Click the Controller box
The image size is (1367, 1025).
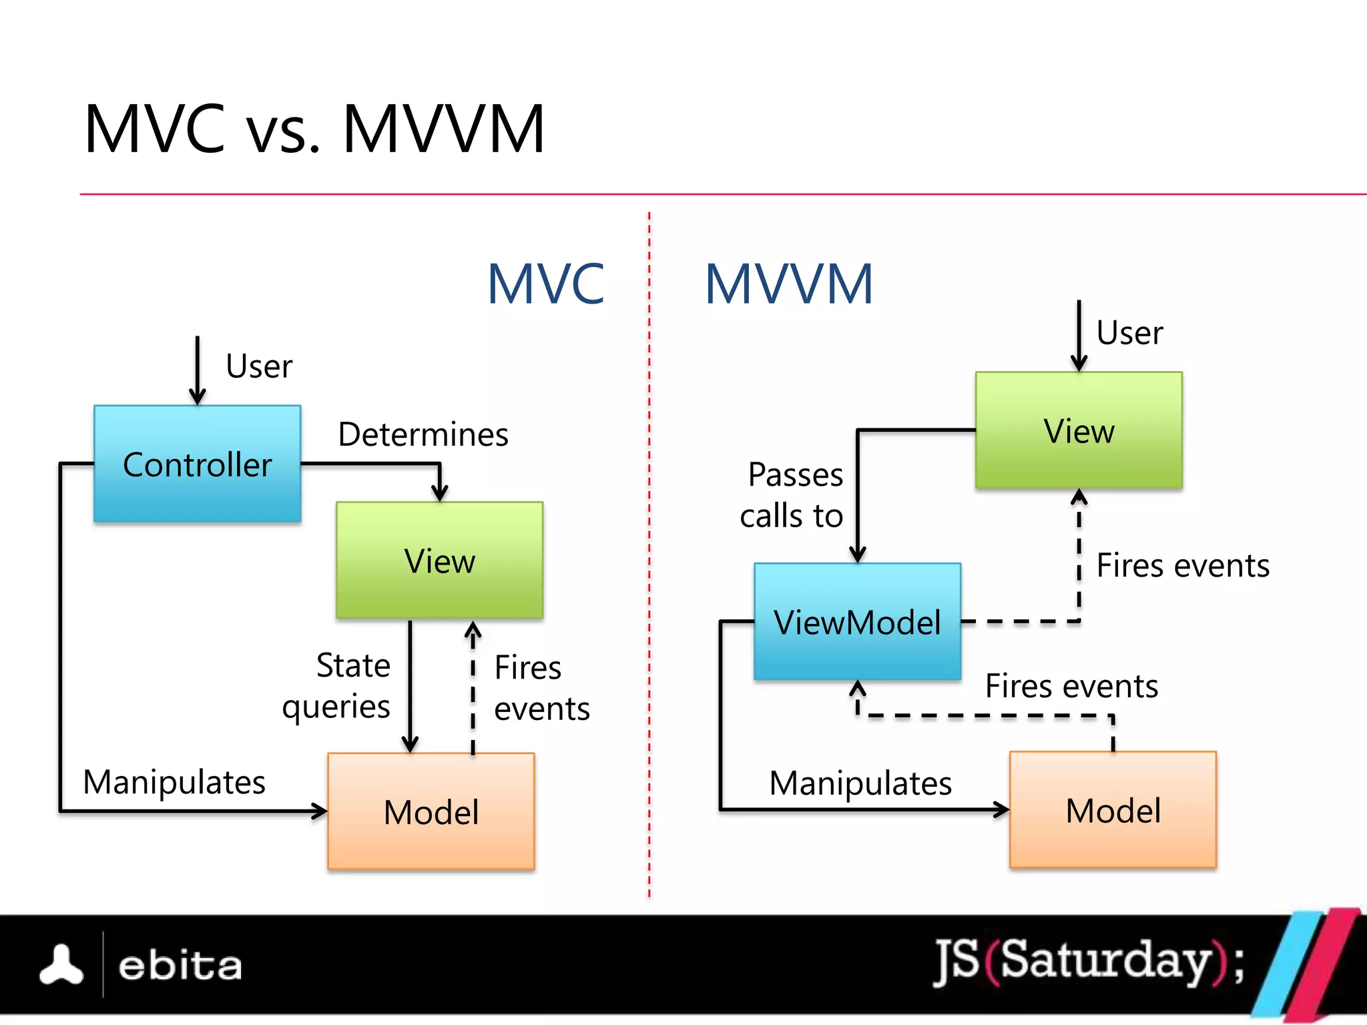point(197,464)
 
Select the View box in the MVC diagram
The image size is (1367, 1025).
point(439,561)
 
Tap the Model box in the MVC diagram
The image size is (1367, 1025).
point(431,811)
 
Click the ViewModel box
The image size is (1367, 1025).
point(857,621)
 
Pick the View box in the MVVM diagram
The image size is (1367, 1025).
point(1079,430)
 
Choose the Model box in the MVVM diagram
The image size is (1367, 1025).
point(1113,810)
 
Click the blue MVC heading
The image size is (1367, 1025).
point(545,284)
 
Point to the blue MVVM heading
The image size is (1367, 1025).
point(788,284)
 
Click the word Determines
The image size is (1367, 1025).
point(423,434)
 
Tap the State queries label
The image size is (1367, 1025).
point(337,686)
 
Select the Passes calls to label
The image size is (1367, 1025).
point(792,495)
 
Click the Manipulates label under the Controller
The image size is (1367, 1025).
point(174,782)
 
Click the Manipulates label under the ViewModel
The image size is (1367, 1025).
point(860,783)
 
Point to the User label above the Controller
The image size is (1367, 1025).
point(259,366)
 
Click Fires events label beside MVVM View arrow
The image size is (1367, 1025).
point(1183,566)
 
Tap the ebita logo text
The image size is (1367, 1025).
point(180,966)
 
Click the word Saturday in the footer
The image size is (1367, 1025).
point(1106,961)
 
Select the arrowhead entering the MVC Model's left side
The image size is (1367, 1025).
point(321,811)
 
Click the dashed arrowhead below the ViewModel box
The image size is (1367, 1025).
point(858,688)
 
